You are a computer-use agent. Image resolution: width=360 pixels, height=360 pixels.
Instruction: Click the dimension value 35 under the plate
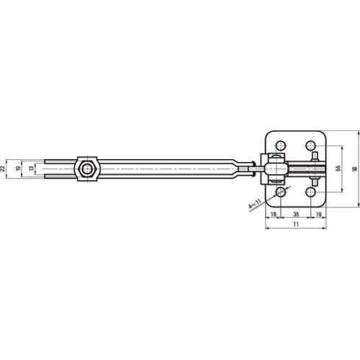pos(296,214)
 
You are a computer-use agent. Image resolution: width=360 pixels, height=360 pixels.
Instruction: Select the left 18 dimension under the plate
pos(274,214)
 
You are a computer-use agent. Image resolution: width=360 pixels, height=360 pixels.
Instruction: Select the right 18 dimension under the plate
pos(318,214)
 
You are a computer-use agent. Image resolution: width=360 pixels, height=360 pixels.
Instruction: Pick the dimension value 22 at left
pos(4,168)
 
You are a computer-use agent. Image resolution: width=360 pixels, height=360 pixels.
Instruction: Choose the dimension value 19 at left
pos(19,168)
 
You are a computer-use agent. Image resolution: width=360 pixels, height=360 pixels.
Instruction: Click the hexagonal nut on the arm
pos(87,169)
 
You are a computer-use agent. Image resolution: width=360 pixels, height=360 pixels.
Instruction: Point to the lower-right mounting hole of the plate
pos(312,192)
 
